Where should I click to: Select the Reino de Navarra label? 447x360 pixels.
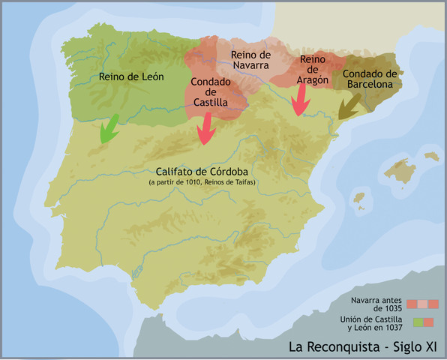[250, 60]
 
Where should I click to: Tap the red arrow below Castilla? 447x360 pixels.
[203, 132]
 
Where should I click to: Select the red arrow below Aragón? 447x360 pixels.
[301, 100]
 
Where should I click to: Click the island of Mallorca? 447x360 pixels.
[399, 172]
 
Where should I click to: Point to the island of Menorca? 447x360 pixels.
[431, 156]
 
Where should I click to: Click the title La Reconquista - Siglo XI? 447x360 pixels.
[363, 347]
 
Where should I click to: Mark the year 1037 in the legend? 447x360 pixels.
[390, 327]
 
